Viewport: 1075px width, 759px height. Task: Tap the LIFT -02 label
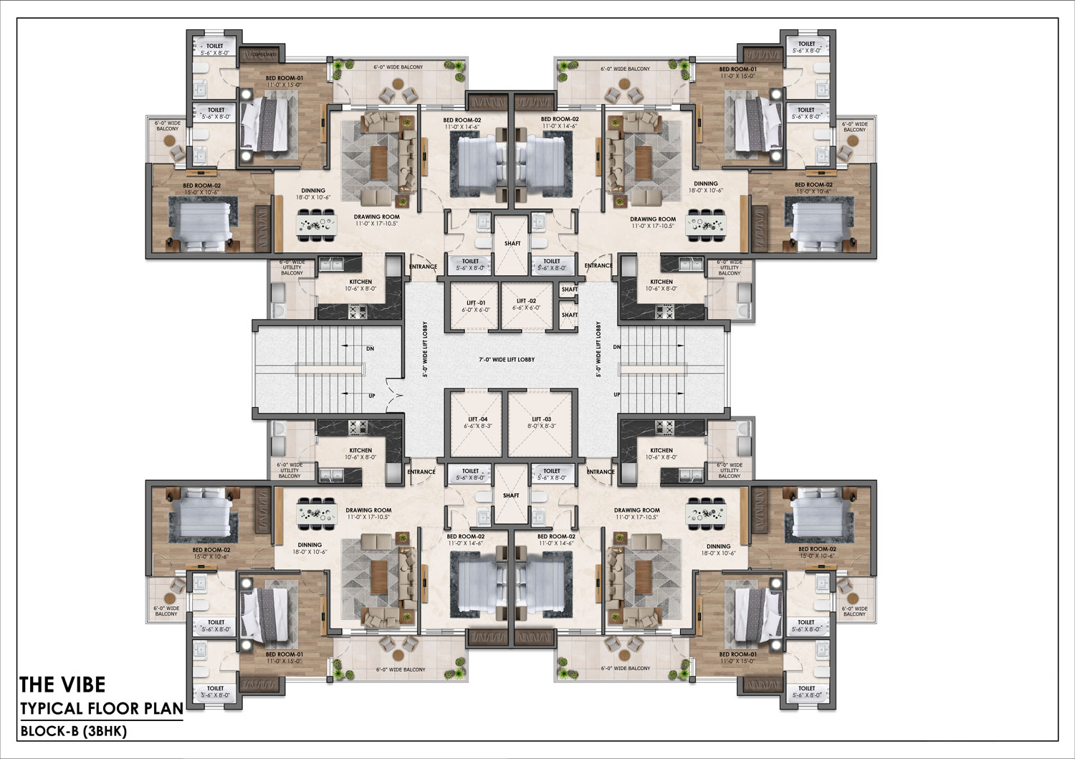tap(526, 301)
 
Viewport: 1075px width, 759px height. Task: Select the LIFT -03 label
tap(541, 419)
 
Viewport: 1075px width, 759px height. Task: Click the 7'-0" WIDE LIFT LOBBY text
tap(507, 360)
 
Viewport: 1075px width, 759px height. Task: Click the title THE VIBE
tap(62, 684)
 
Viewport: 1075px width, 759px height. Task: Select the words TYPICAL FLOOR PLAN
tap(101, 709)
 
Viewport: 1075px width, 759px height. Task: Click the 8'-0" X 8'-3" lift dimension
tap(541, 426)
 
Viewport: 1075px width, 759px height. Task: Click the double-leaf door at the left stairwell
tap(393, 395)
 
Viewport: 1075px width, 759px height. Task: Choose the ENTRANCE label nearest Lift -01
tap(423, 267)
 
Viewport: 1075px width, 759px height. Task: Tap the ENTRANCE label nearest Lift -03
tap(600, 472)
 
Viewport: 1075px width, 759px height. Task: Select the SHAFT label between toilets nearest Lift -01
tap(512, 244)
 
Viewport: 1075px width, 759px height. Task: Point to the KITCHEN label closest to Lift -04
tap(360, 451)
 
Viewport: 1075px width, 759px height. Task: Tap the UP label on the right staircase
tap(616, 395)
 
